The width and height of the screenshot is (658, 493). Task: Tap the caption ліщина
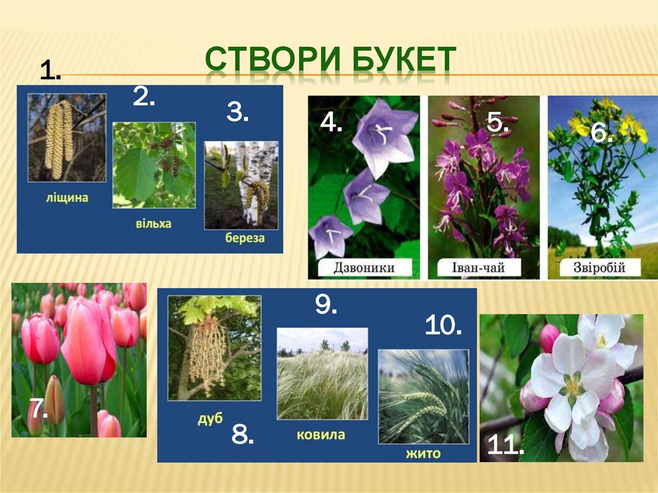coord(67,198)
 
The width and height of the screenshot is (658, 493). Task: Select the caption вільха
coord(154,224)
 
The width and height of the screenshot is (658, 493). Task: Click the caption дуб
coord(209,418)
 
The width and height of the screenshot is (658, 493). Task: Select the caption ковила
coord(321,435)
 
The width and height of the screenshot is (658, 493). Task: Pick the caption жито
coord(423,454)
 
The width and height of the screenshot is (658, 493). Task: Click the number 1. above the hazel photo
coord(50,71)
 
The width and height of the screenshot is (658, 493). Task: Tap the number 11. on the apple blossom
coord(505,445)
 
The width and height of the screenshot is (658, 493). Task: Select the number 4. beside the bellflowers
coord(331,122)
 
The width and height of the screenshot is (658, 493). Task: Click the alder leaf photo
coord(154,165)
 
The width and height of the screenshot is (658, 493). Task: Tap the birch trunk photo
coord(241,185)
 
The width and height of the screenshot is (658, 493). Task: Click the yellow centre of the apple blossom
coord(571,385)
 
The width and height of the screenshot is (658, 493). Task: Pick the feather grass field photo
coord(322,373)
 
